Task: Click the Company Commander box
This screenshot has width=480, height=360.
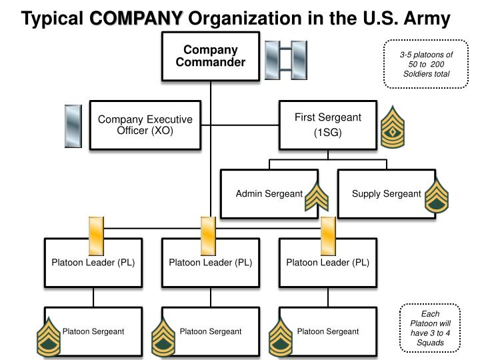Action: tap(210, 56)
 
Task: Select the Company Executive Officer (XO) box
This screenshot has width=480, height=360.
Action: tap(145, 125)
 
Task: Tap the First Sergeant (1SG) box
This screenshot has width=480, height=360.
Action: tap(327, 125)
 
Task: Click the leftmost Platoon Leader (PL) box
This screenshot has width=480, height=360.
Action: tap(93, 262)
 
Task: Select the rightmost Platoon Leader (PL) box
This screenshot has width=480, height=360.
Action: tap(327, 262)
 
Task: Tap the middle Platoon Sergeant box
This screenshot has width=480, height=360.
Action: tap(211, 331)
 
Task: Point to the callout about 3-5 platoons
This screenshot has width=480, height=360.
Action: tap(426, 64)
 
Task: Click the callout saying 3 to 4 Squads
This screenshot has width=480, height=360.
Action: tap(426, 328)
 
